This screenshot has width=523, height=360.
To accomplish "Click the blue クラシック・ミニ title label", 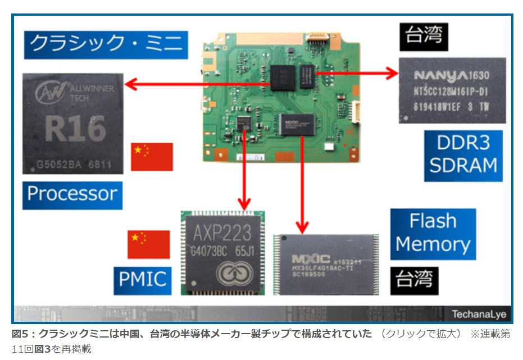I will [x=106, y=44].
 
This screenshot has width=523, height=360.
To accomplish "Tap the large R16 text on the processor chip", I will [x=75, y=129].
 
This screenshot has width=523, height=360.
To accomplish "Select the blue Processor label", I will [x=72, y=194].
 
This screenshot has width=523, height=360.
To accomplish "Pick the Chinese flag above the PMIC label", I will [x=148, y=244].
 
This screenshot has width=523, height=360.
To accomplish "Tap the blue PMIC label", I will [x=142, y=278].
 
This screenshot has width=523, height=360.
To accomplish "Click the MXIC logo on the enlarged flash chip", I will [x=311, y=259].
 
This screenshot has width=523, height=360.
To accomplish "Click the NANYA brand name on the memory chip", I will [x=440, y=75].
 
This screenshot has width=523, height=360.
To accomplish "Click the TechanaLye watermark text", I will [x=479, y=313].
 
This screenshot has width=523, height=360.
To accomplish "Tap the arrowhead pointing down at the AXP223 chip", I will [x=244, y=204].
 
